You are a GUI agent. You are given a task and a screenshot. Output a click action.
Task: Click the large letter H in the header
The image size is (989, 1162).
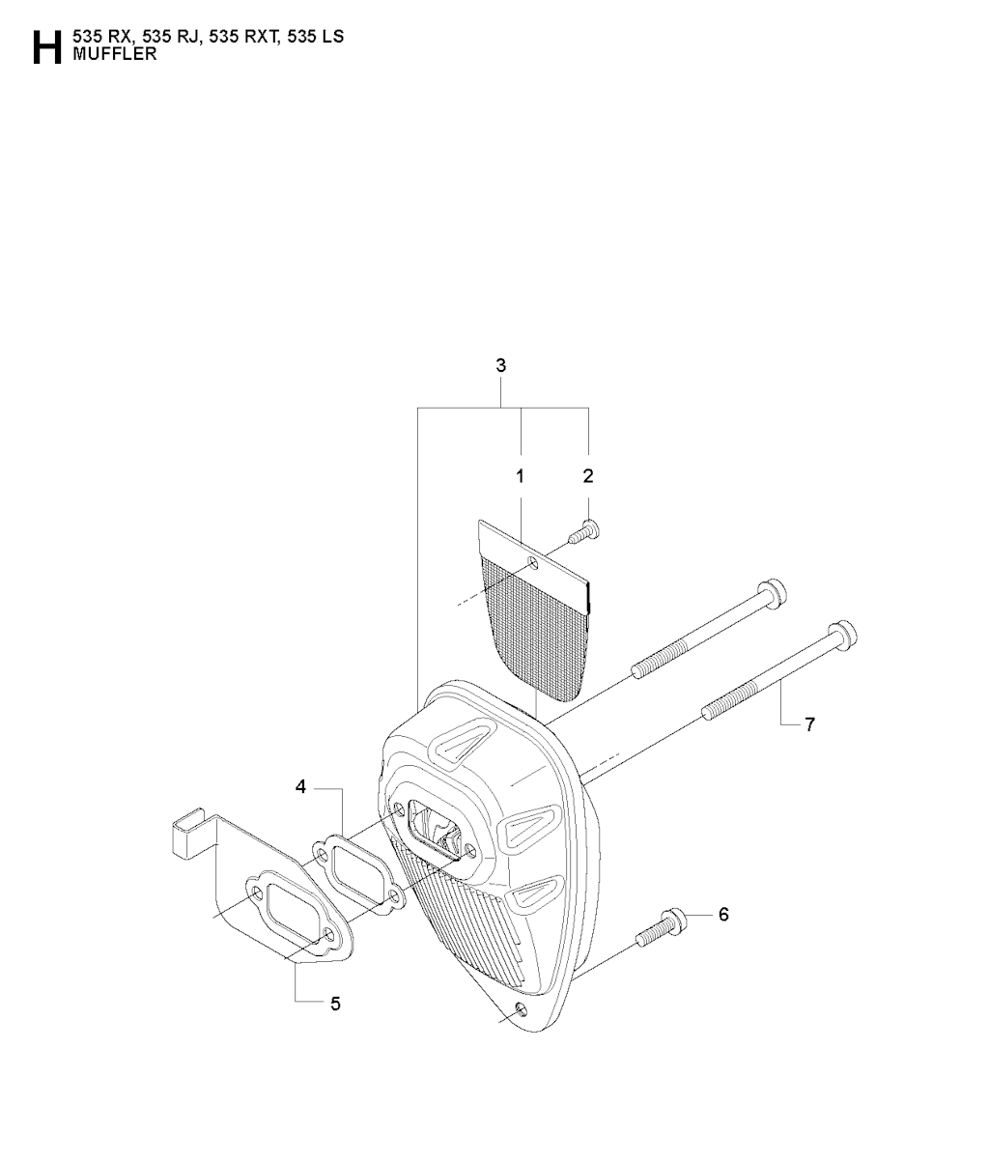pyautogui.click(x=46, y=47)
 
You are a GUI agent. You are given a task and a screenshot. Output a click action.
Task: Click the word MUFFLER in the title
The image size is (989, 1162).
pyautogui.click(x=114, y=54)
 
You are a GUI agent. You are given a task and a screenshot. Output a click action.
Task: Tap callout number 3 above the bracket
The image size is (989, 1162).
pyautogui.click(x=500, y=365)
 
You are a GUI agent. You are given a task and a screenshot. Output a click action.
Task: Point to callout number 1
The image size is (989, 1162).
pyautogui.click(x=520, y=476)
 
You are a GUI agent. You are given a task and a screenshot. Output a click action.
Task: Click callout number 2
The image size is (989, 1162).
pyautogui.click(x=588, y=476)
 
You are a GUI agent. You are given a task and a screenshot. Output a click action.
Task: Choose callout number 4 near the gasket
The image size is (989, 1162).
pyautogui.click(x=300, y=787)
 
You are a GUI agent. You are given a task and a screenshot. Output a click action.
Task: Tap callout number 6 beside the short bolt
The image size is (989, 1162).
pyautogui.click(x=723, y=915)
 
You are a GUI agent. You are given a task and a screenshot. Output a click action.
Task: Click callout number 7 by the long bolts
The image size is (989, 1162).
pyautogui.click(x=809, y=724)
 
